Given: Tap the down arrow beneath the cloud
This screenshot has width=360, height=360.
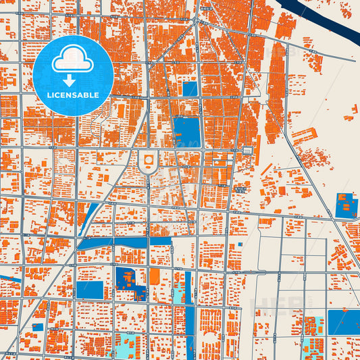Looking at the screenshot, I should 72,80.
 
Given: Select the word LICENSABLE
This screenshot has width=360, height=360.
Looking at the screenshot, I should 72,95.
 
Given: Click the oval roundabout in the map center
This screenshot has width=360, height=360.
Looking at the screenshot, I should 148,162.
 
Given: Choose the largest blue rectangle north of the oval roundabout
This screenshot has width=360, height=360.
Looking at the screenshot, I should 186,132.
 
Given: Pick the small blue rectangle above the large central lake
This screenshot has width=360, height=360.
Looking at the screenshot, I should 190,88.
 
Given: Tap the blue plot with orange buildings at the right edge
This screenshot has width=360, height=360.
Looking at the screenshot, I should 346,205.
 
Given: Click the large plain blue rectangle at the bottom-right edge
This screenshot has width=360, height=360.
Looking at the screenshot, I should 344,322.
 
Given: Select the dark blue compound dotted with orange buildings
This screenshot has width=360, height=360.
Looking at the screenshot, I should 130,282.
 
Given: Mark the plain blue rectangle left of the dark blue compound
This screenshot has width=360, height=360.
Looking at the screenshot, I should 89,290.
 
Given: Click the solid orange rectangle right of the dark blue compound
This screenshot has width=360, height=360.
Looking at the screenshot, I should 155,276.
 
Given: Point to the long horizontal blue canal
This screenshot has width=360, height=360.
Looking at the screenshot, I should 128,241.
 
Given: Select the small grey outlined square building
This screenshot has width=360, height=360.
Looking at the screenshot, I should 248,149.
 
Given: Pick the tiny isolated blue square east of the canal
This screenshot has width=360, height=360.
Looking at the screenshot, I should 240,244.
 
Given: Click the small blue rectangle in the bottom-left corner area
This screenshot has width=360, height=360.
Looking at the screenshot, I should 38,327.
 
